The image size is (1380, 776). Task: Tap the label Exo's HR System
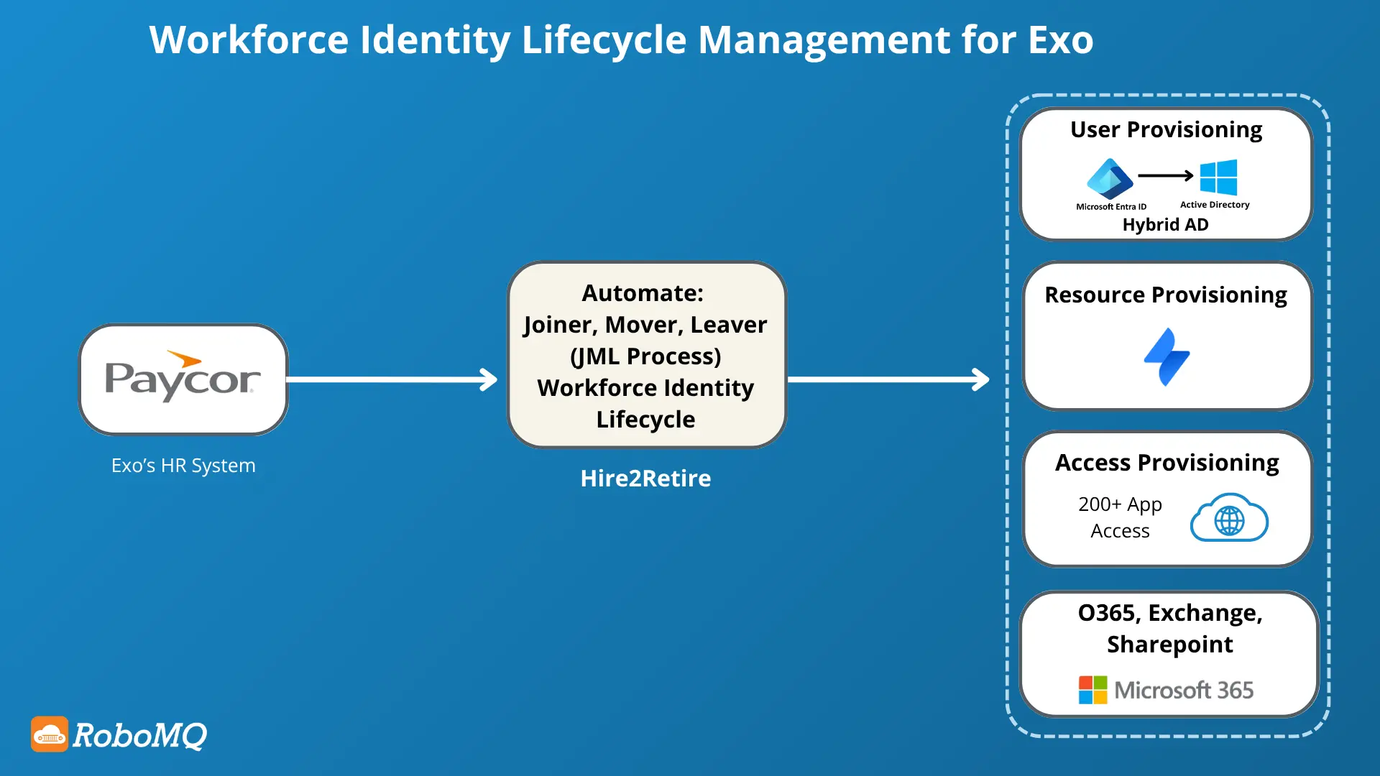pyautogui.click(x=183, y=466)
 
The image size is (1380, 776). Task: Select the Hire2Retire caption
pyautogui.click(x=645, y=479)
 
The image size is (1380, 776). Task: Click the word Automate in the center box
pyautogui.click(x=642, y=293)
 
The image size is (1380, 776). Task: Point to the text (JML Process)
pyautogui.click(x=645, y=356)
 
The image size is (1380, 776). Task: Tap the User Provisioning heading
pyautogui.click(x=1166, y=129)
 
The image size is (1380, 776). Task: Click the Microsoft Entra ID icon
pyautogui.click(x=1110, y=179)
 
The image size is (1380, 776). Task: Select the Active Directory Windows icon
pyautogui.click(x=1218, y=177)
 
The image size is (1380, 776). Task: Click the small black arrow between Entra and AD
pyautogui.click(x=1166, y=175)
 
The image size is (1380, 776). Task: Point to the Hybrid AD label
pyautogui.click(x=1165, y=225)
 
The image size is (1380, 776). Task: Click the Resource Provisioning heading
pyautogui.click(x=1166, y=295)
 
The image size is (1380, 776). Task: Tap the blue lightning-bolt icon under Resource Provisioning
pyautogui.click(x=1167, y=357)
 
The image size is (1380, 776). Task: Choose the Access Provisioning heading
pyautogui.click(x=1167, y=463)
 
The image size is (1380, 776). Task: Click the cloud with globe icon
pyautogui.click(x=1229, y=518)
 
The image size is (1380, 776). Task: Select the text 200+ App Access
pyautogui.click(x=1120, y=517)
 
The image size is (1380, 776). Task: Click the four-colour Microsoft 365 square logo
pyautogui.click(x=1092, y=690)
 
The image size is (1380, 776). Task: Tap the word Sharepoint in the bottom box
pyautogui.click(x=1169, y=645)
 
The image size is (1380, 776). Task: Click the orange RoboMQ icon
pyautogui.click(x=50, y=734)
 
